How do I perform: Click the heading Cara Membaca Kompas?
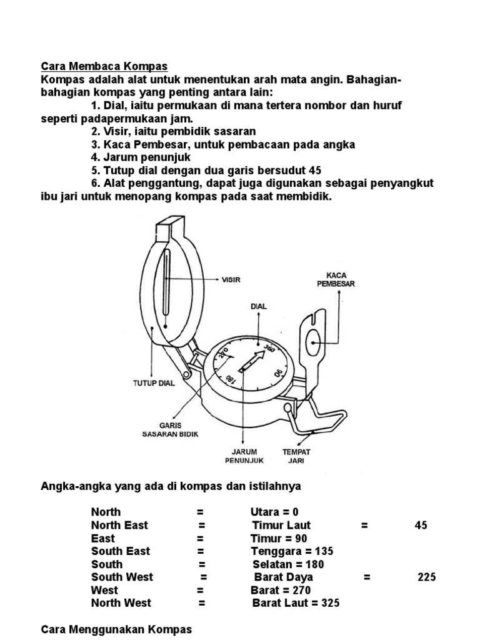click(x=104, y=66)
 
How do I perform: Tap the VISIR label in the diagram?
click(x=231, y=279)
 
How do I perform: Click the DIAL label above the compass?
click(x=258, y=306)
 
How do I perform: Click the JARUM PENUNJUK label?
click(x=244, y=456)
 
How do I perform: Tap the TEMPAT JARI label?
click(x=297, y=456)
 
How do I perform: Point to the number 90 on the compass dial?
click(x=278, y=373)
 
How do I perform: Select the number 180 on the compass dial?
click(x=230, y=379)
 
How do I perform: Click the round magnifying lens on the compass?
click(x=314, y=341)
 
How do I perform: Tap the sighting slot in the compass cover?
click(x=166, y=287)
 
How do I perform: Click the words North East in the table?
click(x=119, y=525)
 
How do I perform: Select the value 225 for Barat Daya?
click(x=427, y=577)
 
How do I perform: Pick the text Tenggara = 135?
click(x=292, y=551)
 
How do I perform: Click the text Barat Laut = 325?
click(x=296, y=603)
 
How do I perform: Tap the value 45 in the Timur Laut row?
click(x=421, y=525)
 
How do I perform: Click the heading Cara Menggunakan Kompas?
click(x=116, y=629)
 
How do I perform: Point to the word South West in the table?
click(x=122, y=577)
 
